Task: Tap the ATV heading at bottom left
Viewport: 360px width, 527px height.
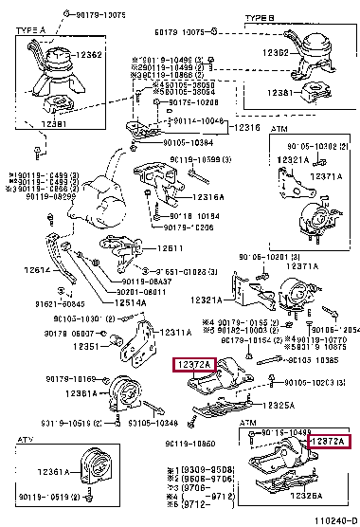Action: tap(29, 442)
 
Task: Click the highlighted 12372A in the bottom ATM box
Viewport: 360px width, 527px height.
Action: tap(329, 443)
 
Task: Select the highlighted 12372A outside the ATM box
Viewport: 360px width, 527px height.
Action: tap(193, 364)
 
